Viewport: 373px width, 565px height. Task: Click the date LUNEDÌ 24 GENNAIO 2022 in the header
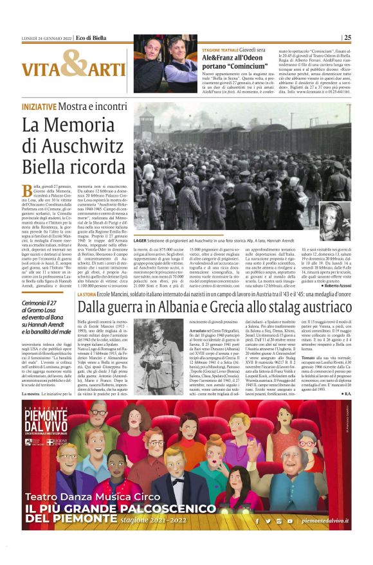tap(47, 37)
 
